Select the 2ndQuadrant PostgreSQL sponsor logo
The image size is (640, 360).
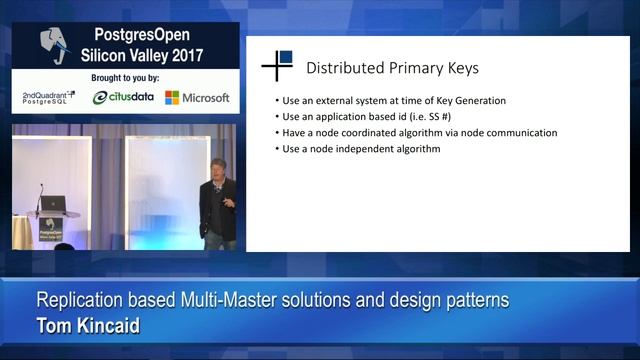(x=50, y=97)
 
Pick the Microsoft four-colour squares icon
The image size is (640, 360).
(x=172, y=98)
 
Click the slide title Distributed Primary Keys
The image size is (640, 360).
(x=392, y=69)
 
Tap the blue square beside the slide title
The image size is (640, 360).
(x=286, y=57)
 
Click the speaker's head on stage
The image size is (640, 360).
(x=218, y=161)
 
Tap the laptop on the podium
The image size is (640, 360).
(x=52, y=203)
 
